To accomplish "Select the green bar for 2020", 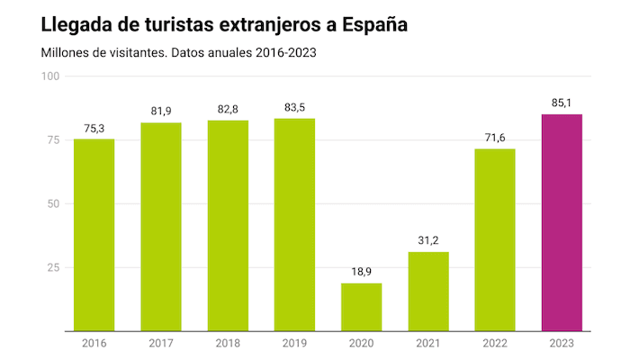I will coord(361,307).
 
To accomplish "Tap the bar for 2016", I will coord(94,235).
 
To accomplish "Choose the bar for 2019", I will coord(294,225).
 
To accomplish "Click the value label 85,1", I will coord(561,103).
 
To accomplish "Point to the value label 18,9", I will coord(361,272).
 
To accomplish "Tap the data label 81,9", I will coord(160,111).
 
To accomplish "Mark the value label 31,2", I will coord(427,240).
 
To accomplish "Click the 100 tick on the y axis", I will coord(50,76).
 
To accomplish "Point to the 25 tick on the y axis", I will coord(53,267).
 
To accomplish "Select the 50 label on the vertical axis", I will coord(53,203).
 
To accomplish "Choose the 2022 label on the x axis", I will coord(494,343).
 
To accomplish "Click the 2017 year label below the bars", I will coord(160,343).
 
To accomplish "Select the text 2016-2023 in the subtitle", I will coord(284,52).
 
